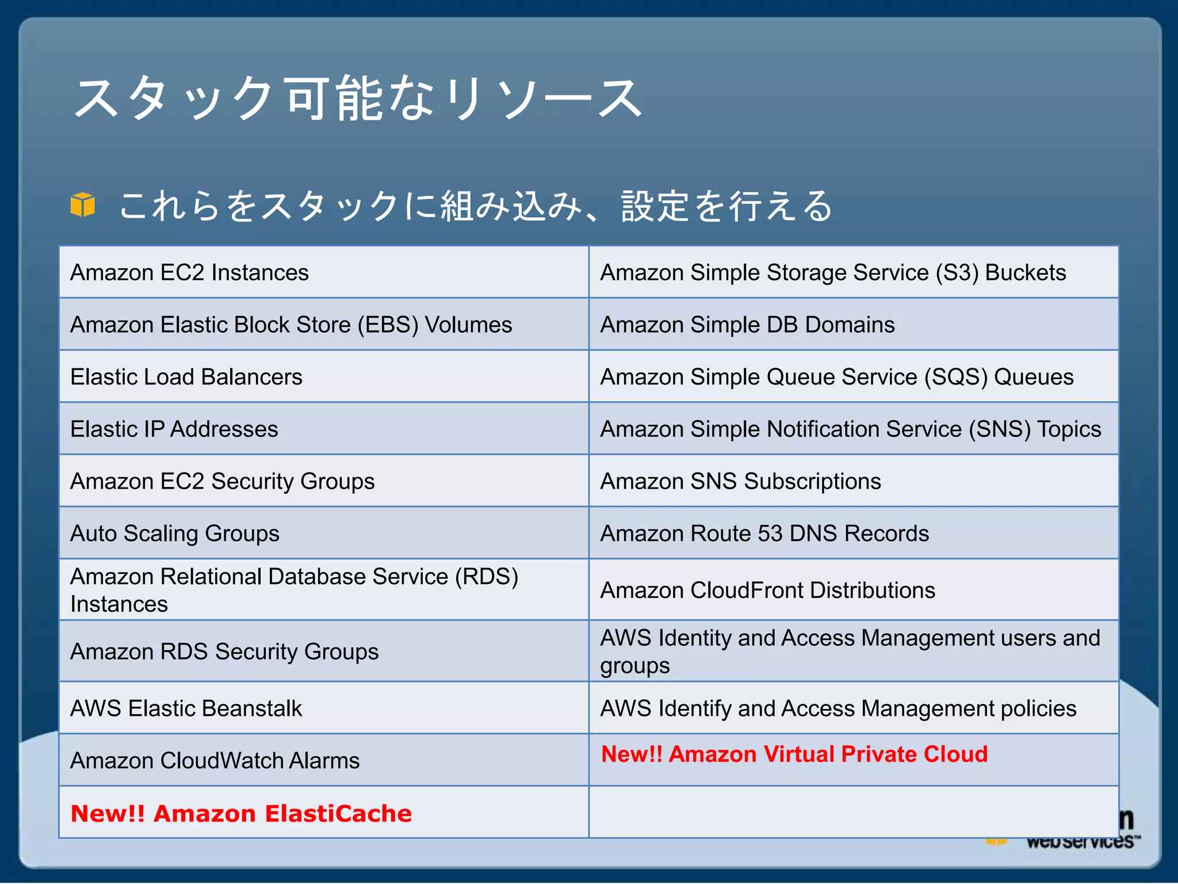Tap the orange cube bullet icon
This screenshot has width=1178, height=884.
point(83,205)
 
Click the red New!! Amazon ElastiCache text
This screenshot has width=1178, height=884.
point(241,813)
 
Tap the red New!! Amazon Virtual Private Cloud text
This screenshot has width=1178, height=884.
point(794,754)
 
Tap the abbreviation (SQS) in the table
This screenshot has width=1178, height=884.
point(955,377)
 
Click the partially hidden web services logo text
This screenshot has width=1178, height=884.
point(1080,842)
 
